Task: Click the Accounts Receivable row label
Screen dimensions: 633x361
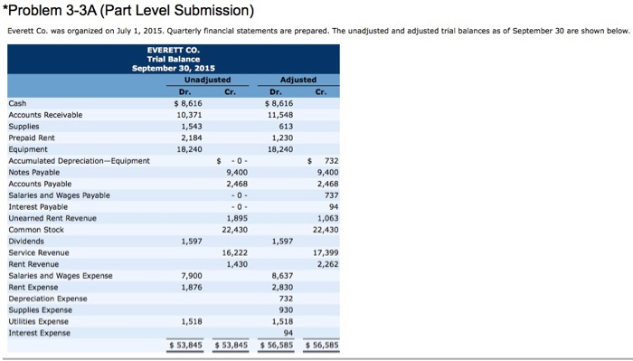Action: tap(44, 115)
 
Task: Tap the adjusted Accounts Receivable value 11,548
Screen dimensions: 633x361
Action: tap(282, 115)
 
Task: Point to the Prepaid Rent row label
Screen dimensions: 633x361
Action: tap(33, 138)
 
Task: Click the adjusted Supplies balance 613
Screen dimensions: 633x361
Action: tap(287, 126)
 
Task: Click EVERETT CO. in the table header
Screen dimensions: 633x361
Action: tap(173, 50)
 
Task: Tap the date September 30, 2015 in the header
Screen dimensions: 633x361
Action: tap(173, 68)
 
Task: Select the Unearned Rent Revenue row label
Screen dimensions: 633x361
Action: tap(52, 218)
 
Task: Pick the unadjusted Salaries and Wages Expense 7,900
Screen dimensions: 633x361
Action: tap(192, 275)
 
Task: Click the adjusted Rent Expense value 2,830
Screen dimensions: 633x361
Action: tap(284, 287)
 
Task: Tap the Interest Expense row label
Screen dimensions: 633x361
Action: tap(38, 332)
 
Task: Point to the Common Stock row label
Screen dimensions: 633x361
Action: tap(35, 230)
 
